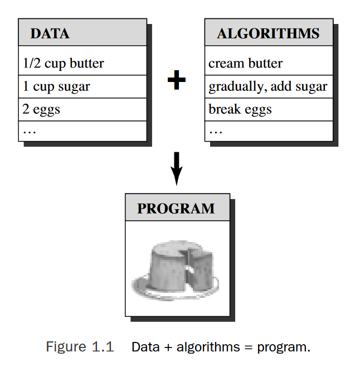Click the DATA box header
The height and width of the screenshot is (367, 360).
tap(50, 33)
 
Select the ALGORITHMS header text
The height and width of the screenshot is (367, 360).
tap(268, 33)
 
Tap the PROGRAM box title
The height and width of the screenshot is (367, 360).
tap(176, 209)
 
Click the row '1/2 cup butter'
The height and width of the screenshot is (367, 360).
tap(63, 64)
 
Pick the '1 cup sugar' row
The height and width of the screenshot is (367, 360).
tap(56, 86)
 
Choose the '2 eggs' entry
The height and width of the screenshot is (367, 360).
tap(41, 109)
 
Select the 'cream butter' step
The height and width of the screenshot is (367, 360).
tap(245, 64)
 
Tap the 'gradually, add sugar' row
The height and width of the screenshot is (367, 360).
tap(268, 86)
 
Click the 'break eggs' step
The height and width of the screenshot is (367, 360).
tap(240, 109)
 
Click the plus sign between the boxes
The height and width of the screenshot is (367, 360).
tap(176, 81)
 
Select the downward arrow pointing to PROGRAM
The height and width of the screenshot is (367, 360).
tap(176, 169)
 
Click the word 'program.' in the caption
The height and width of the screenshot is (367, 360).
tap(283, 347)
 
